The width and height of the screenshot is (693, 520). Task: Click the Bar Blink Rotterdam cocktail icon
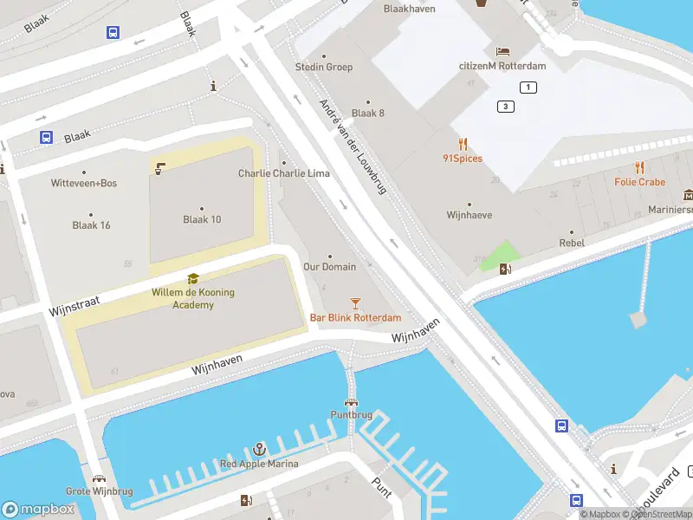(355, 302)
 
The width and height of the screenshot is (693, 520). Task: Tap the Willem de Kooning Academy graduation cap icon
(192, 278)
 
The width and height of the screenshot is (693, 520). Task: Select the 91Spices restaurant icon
(463, 144)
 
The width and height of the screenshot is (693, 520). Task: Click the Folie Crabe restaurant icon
(639, 167)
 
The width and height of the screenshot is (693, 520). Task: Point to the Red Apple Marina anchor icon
(258, 449)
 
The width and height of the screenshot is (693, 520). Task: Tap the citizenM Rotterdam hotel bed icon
(502, 50)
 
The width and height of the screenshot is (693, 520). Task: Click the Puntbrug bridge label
(351, 414)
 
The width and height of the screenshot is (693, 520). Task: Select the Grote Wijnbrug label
(99, 491)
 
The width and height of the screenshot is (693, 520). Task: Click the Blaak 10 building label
(202, 219)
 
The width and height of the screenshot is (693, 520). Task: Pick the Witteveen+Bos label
(84, 183)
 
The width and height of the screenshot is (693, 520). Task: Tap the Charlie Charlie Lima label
(283, 173)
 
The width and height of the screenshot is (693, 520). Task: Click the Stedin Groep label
(324, 67)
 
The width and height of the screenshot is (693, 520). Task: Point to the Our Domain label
(329, 266)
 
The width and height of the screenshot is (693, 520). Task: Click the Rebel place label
(571, 243)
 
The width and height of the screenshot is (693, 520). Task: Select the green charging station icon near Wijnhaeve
(505, 268)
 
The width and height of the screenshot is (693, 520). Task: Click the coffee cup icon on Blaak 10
(159, 168)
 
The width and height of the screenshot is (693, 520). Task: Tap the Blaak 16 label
(91, 225)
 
